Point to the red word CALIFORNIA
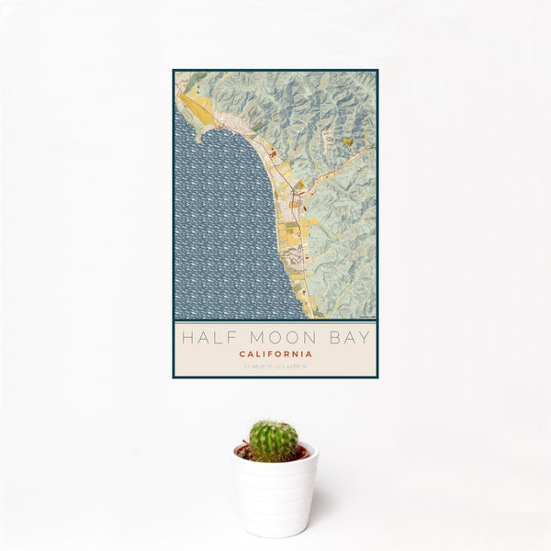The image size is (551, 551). pos(275,354)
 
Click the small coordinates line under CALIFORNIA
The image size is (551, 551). pos(275,366)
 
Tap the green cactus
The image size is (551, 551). pos(274,441)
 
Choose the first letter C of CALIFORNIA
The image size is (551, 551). pos(242,354)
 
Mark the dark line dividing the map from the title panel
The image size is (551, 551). pos(275,320)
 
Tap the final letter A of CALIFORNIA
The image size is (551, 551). pos(309,354)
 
